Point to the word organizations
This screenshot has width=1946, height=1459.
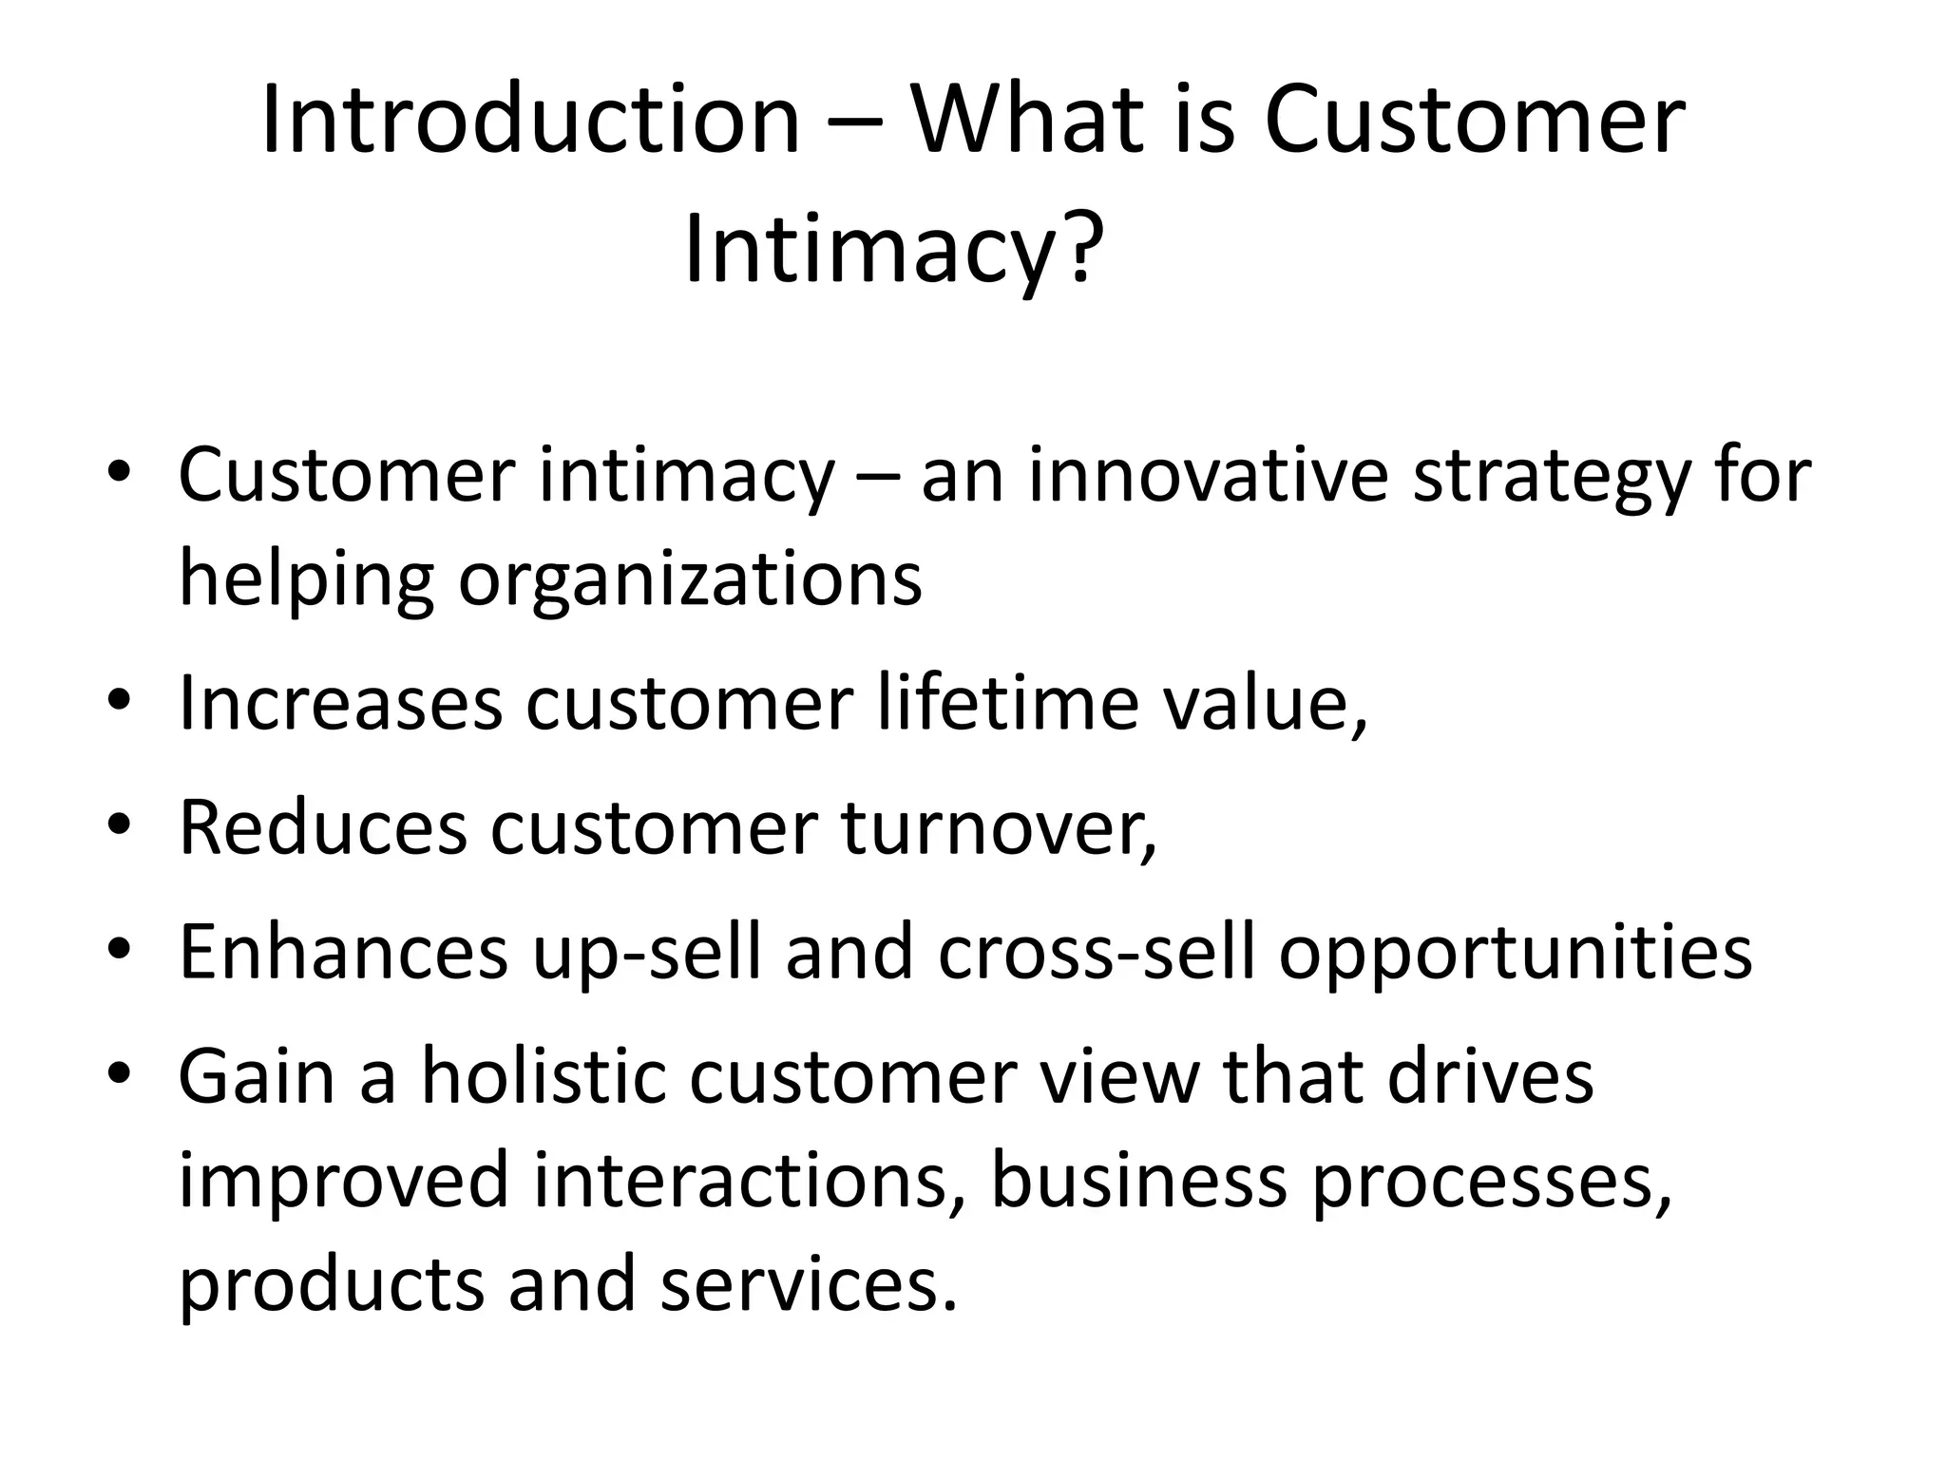690,581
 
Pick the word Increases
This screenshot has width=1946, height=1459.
340,704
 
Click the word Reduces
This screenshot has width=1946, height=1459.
323,827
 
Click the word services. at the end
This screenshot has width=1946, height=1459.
809,1284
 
